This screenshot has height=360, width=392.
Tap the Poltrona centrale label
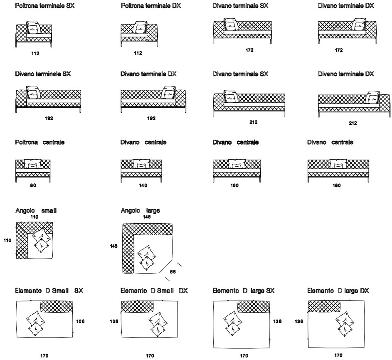click(x=40, y=142)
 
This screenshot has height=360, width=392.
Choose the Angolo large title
click(x=141, y=211)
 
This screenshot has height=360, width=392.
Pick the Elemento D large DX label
click(x=338, y=290)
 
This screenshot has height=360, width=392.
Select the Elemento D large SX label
click(x=244, y=290)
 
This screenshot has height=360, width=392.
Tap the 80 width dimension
click(x=33, y=185)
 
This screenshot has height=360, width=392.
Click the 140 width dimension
click(x=143, y=185)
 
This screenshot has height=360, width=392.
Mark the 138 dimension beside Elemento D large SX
click(x=277, y=321)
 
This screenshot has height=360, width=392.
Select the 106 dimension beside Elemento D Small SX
click(x=81, y=321)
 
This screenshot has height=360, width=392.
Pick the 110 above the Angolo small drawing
click(x=34, y=217)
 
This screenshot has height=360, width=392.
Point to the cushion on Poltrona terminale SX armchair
click(x=34, y=29)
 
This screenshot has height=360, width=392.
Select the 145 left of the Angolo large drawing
click(x=114, y=246)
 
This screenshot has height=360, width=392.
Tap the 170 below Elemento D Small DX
click(x=150, y=355)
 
